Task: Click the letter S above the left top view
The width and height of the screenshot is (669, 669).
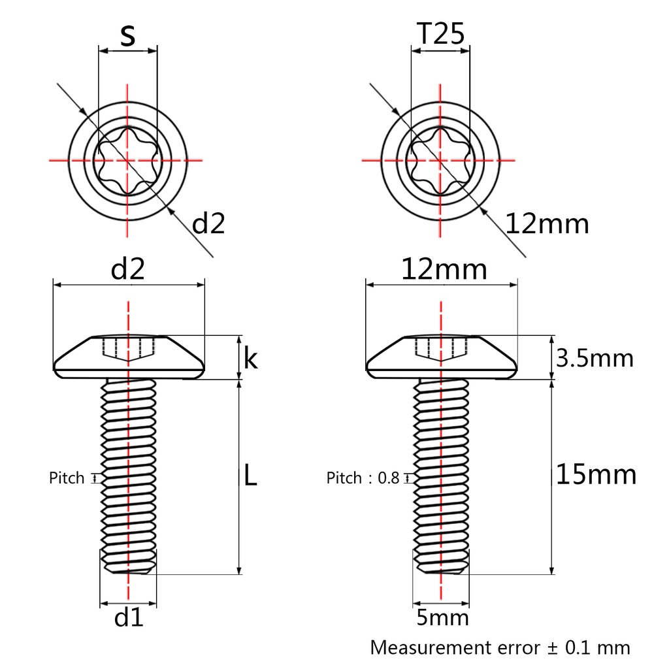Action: [x=127, y=36]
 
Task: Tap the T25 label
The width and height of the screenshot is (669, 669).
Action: [x=440, y=35]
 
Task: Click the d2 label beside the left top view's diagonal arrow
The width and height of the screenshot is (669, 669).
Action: [x=208, y=224]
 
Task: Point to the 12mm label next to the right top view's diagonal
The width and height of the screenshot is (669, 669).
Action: [x=547, y=224]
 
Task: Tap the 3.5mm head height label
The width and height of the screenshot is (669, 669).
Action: [x=595, y=358]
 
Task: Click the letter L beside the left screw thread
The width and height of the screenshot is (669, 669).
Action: [x=250, y=476]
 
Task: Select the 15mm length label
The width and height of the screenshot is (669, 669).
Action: [x=595, y=474]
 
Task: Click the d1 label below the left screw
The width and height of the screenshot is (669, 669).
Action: [x=128, y=617]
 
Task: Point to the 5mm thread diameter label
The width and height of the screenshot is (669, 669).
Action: [x=442, y=617]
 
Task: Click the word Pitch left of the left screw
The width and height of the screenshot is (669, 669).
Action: [x=67, y=478]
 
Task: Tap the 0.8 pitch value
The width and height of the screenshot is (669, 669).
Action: [x=387, y=478]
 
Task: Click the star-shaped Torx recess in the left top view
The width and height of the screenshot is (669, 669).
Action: [x=127, y=160]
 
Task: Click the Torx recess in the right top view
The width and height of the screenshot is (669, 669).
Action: [x=440, y=160]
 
